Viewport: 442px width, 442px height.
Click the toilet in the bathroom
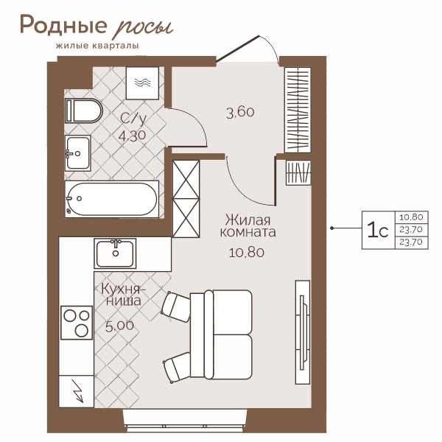(x=83, y=110)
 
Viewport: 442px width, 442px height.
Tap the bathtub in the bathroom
(x=112, y=199)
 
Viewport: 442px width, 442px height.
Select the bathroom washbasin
(x=78, y=153)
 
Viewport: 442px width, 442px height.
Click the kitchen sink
(x=115, y=253)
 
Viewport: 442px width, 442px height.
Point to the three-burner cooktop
(x=77, y=323)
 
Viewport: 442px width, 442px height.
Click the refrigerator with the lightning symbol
(x=76, y=391)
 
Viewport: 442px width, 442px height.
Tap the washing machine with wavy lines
(x=142, y=83)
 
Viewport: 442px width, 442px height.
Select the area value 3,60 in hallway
(x=240, y=113)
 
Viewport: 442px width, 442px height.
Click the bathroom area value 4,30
(x=132, y=136)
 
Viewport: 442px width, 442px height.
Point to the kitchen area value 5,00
(x=119, y=326)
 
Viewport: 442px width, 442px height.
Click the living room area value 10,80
(x=247, y=252)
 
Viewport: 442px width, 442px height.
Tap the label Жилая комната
(x=248, y=226)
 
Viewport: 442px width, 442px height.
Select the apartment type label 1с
(x=378, y=231)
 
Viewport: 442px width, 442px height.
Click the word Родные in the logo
(x=63, y=24)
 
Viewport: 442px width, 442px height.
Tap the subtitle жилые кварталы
(x=97, y=46)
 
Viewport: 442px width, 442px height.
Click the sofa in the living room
(x=221, y=334)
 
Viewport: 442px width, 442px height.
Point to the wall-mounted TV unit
(x=303, y=332)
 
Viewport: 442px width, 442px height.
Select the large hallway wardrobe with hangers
(x=298, y=110)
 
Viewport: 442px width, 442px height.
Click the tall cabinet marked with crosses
(x=186, y=199)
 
